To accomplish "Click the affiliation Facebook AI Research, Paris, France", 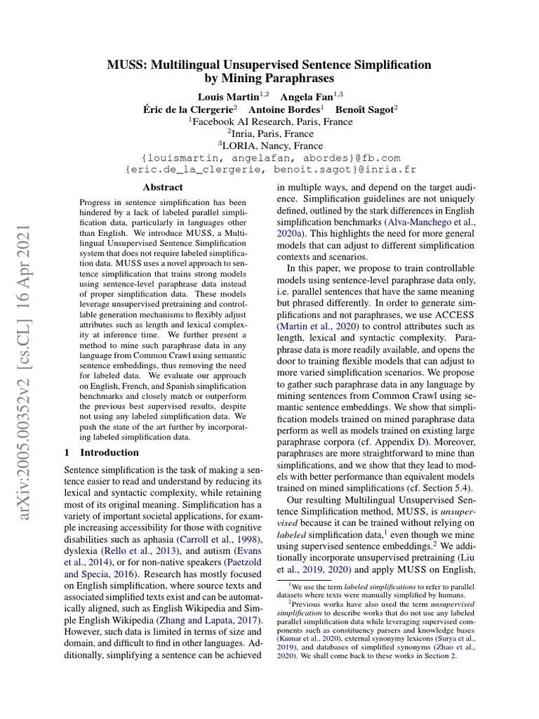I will pyautogui.click(x=269, y=120).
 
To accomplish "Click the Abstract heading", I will pyautogui.click(x=163, y=187).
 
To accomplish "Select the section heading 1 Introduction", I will pyautogui.click(x=101, y=453).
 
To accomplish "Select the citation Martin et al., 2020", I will pyautogui.click(x=319, y=327).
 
